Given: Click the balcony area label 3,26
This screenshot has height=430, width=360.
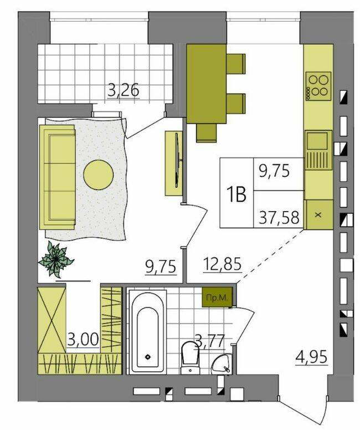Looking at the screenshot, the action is click(x=123, y=90).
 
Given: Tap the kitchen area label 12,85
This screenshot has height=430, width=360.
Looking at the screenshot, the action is click(x=222, y=264).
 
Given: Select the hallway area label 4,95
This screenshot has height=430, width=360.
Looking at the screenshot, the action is click(x=311, y=357).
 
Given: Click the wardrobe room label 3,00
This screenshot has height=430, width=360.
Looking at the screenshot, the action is click(x=83, y=340).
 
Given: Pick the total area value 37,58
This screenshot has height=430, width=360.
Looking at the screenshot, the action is click(x=279, y=218).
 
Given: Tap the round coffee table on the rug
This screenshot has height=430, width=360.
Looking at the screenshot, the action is click(x=99, y=175).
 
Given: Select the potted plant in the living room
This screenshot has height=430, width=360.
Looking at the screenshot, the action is click(x=56, y=259).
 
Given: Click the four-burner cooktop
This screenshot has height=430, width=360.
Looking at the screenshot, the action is click(x=318, y=85).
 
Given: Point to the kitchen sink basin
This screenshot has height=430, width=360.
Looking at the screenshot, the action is click(x=318, y=141).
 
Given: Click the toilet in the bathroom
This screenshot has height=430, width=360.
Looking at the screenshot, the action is click(x=191, y=357).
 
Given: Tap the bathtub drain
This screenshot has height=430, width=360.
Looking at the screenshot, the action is click(x=148, y=357).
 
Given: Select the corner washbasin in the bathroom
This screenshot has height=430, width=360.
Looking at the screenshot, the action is click(x=222, y=364).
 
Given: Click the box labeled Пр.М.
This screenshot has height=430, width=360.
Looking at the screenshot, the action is click(x=217, y=297).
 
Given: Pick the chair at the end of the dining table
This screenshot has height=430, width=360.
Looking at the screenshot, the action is click(x=207, y=133).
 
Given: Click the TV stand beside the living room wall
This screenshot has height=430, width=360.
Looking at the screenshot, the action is click(x=174, y=163).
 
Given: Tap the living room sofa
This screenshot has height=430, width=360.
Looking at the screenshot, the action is click(x=58, y=177).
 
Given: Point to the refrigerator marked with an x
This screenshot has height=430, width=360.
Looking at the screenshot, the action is click(x=318, y=215).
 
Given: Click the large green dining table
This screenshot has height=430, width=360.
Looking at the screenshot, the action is click(x=207, y=84).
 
